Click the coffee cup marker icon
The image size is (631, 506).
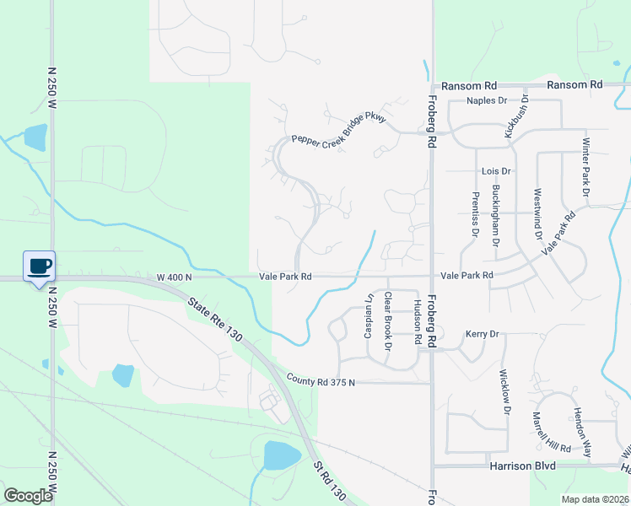[40, 266]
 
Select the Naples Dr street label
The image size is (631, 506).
[487, 100]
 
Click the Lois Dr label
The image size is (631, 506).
[496, 171]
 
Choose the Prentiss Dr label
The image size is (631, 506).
[476, 215]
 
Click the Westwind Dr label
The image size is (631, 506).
[537, 214]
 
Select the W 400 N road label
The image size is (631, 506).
[175, 277]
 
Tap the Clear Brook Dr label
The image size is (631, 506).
[388, 321]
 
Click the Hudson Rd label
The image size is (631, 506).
[417, 322]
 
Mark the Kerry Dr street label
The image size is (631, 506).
[482, 334]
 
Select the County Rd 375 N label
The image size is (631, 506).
[321, 382]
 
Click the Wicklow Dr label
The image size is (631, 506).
[504, 393]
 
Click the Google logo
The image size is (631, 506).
[28, 496]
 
